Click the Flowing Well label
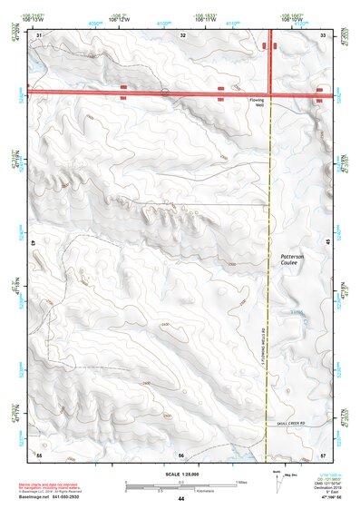258,103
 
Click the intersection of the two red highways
274,92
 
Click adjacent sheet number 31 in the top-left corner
39,34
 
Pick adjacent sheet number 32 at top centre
183,34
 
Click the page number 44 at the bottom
181,499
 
